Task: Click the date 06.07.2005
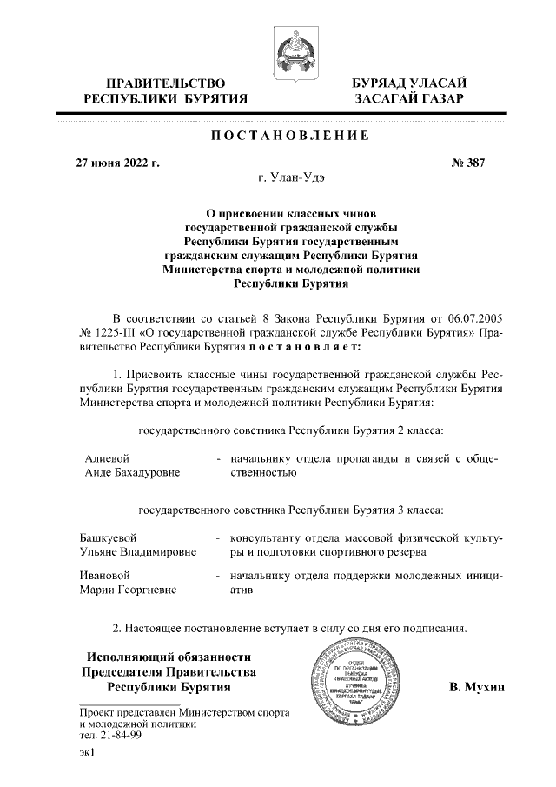[x=468, y=317]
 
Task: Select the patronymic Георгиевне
[x=145, y=590]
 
